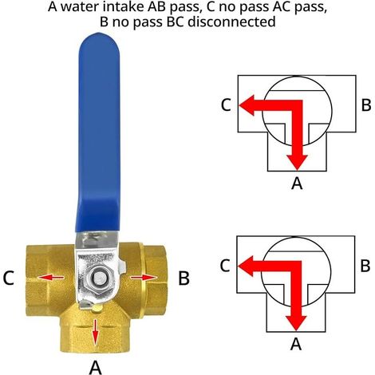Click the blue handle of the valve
(98, 133)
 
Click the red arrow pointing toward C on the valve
(51, 278)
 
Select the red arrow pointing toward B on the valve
(143, 278)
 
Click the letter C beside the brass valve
(8, 278)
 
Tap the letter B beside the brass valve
(184, 278)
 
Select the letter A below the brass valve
(96, 368)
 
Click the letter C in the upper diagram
(226, 105)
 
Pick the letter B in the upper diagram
(366, 105)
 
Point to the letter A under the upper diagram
(297, 184)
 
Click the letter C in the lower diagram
(225, 266)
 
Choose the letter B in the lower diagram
(365, 266)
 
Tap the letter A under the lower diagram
(296, 344)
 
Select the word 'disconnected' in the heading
(231, 22)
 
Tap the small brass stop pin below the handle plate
(97, 308)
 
